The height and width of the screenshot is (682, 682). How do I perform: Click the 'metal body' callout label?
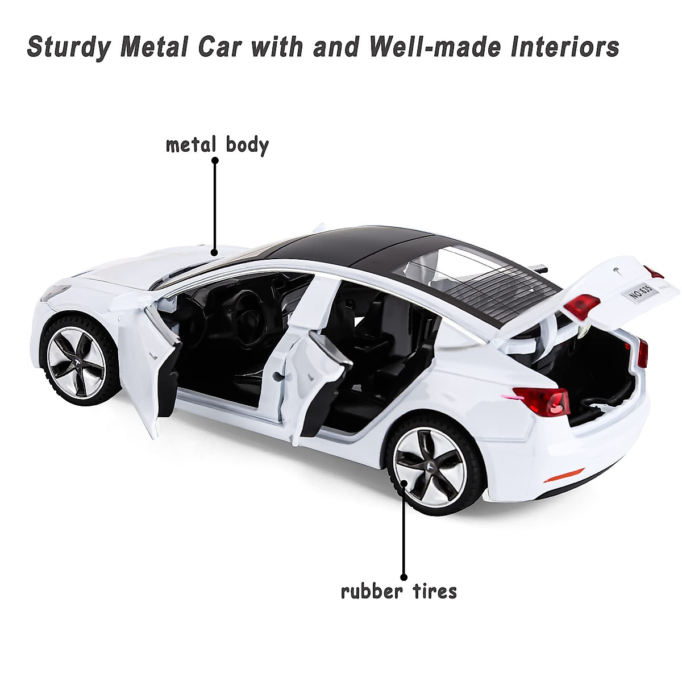point(217,144)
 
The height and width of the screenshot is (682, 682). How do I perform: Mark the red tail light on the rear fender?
point(544,400)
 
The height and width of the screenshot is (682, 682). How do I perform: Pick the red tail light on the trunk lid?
point(581,306)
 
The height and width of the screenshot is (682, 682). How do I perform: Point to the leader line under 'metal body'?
point(215,205)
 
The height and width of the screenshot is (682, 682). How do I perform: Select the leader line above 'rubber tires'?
point(404,523)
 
